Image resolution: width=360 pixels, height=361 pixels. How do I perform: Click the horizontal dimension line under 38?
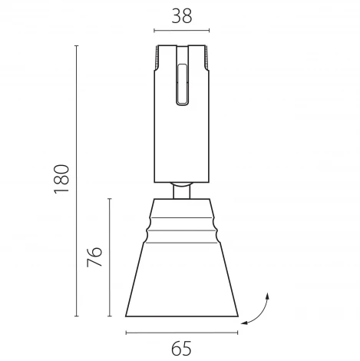pyautogui.click(x=182, y=31)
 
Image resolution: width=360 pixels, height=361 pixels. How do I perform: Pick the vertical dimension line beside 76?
pyautogui.click(x=111, y=257)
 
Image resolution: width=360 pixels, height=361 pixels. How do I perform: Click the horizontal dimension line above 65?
pyautogui.click(x=181, y=332)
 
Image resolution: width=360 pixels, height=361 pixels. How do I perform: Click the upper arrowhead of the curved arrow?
pyautogui.click(x=266, y=295)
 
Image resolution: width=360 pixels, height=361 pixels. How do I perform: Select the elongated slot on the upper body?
pyautogui.click(x=182, y=84)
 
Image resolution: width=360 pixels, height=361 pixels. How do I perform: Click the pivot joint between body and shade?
pyautogui.click(x=182, y=189)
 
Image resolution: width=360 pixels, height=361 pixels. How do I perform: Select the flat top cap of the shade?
pyautogui.click(x=182, y=201)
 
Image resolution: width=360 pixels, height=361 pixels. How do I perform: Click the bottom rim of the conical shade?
pyautogui.click(x=182, y=316)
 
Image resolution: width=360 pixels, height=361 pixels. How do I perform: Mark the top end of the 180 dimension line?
pyautogui.click(x=77, y=46)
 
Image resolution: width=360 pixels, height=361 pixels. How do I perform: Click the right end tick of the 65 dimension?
pyautogui.click(x=238, y=332)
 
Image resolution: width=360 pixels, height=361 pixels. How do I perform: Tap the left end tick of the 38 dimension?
pyautogui.click(x=154, y=31)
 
